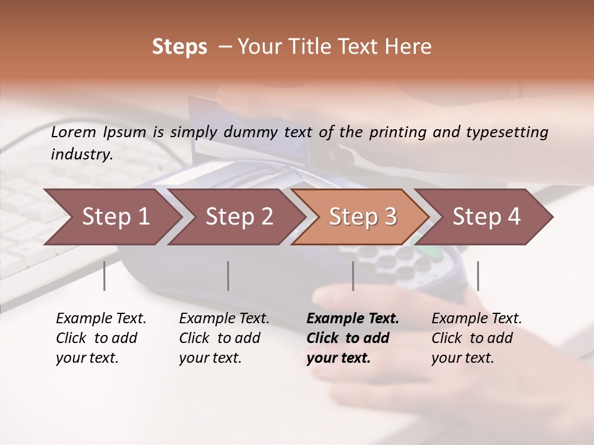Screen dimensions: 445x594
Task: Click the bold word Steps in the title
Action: (x=179, y=47)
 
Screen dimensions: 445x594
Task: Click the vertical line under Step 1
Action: (x=105, y=276)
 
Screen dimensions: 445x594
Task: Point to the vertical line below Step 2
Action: (x=228, y=276)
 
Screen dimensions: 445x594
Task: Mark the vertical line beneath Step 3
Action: (x=353, y=276)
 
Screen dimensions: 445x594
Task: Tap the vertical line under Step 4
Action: (x=478, y=276)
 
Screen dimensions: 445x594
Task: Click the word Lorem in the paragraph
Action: (x=74, y=132)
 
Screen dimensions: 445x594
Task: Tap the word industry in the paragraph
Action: (x=81, y=155)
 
